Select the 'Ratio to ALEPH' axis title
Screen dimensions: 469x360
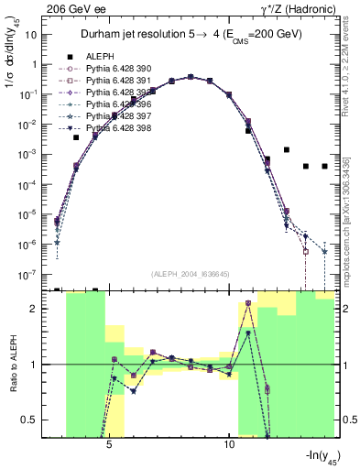pyautogui.click(x=12, y=365)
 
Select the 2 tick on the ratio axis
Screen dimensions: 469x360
pyautogui.click(x=35, y=309)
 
